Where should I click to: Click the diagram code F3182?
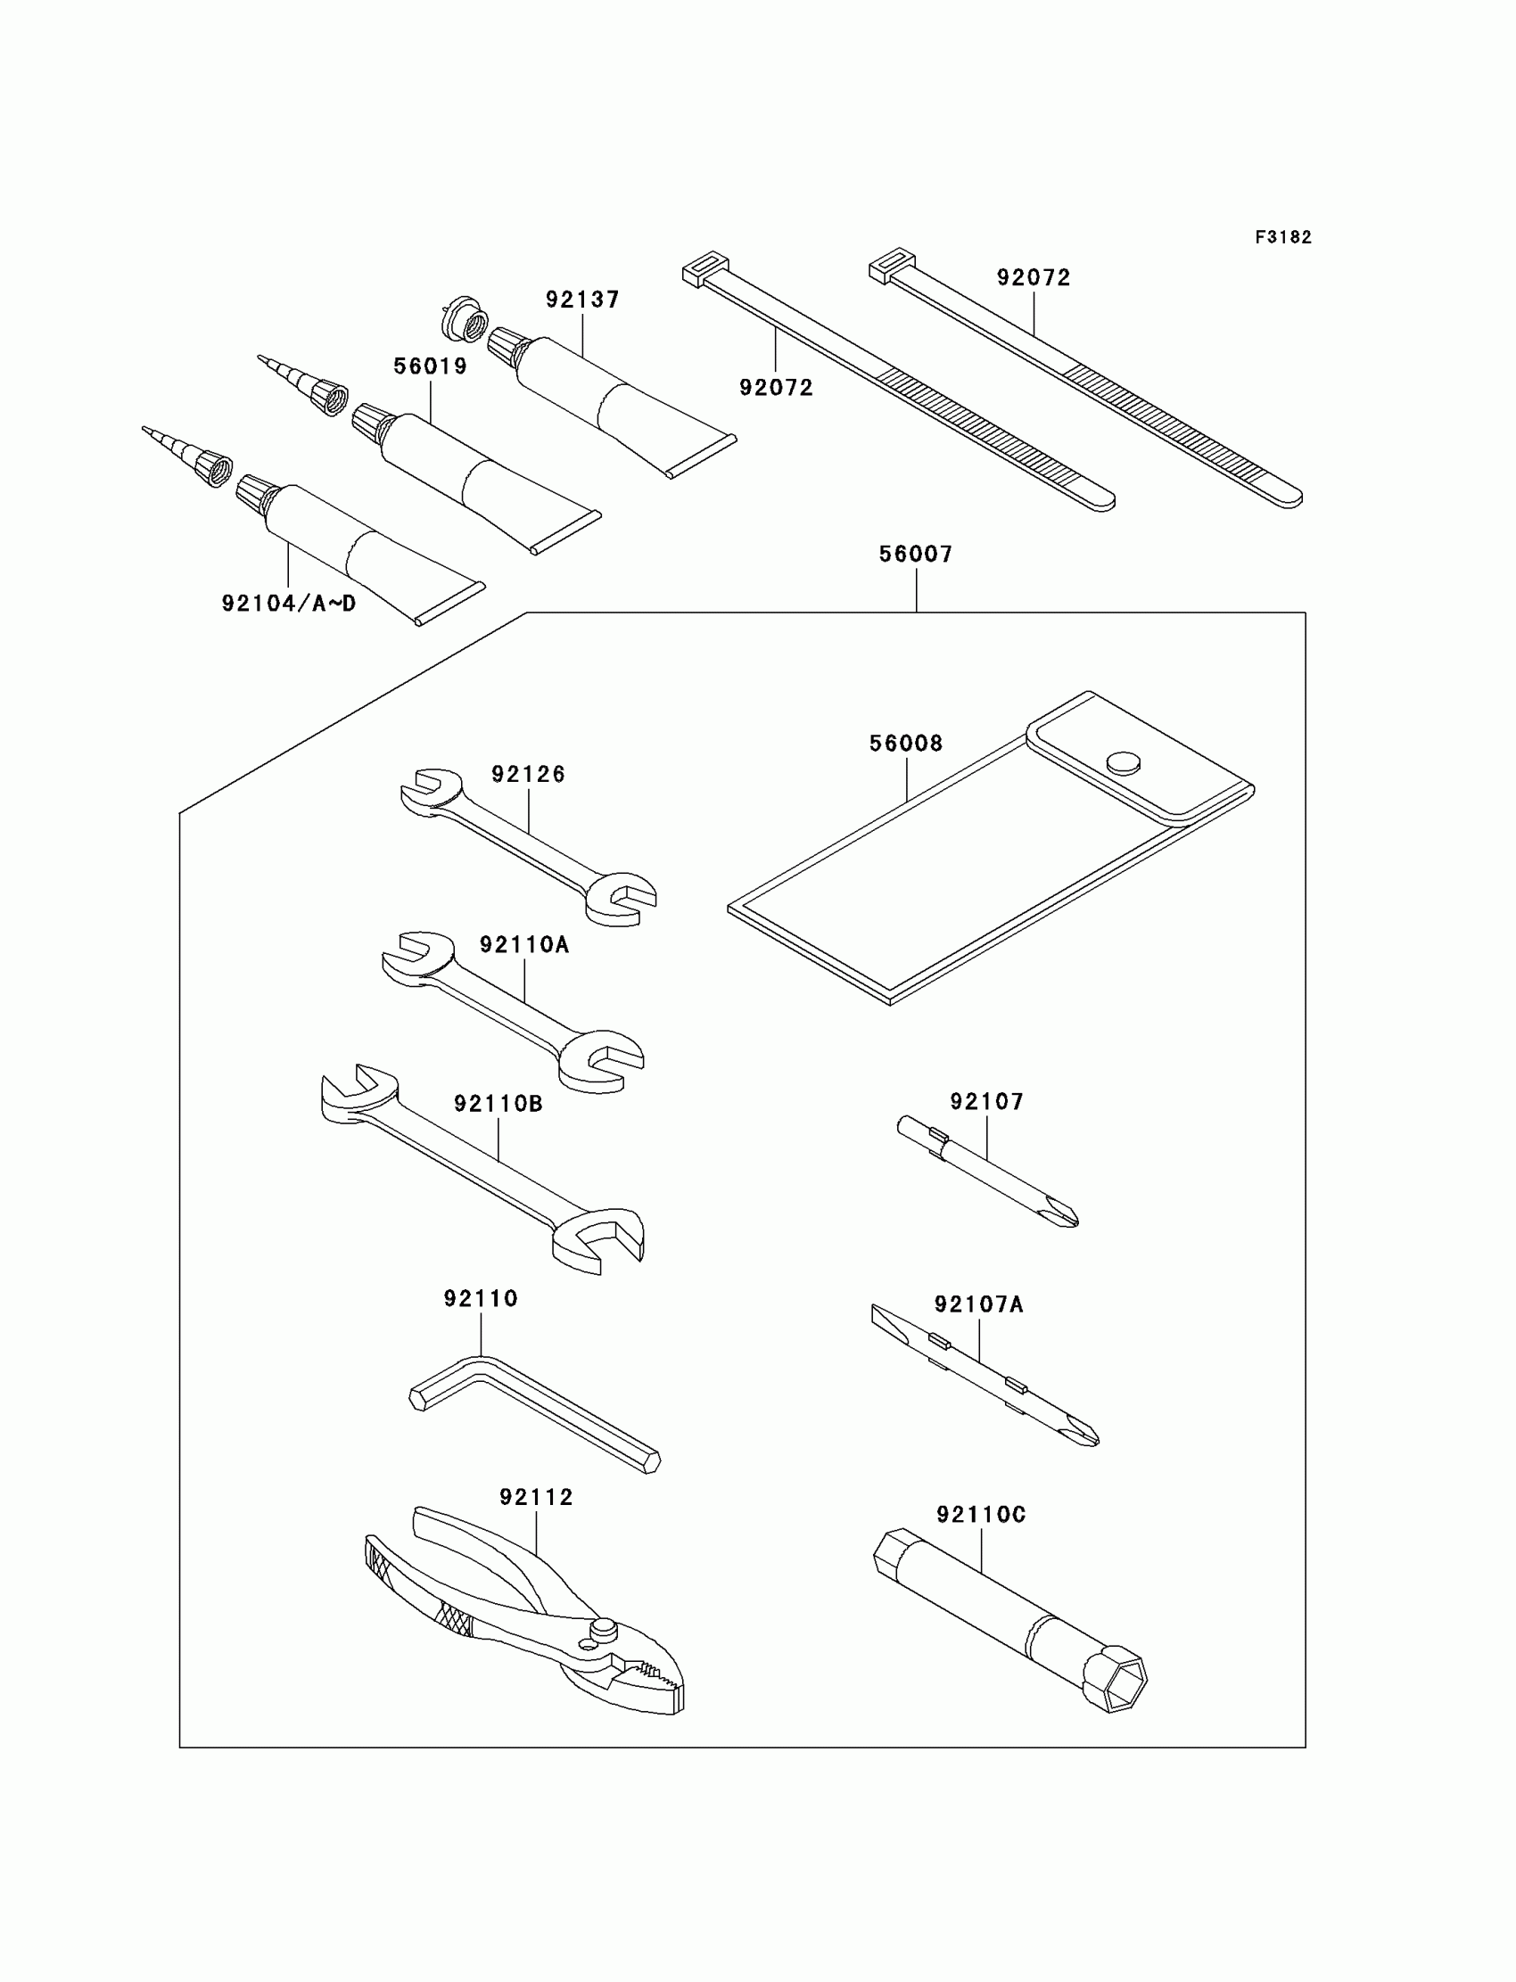[x=1282, y=237]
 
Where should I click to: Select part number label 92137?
[x=582, y=300]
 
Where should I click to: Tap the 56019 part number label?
[x=431, y=366]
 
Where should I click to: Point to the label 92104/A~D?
[x=289, y=604]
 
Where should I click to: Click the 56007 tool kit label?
[x=916, y=554]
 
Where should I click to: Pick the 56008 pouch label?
[x=906, y=744]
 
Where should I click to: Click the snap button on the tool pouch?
[x=1123, y=762]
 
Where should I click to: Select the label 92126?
[x=528, y=774]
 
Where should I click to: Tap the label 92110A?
[x=524, y=944]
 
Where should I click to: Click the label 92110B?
[x=498, y=1103]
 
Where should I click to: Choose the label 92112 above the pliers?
[x=536, y=1498]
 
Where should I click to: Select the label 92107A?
[x=979, y=1304]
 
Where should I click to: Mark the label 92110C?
[x=981, y=1515]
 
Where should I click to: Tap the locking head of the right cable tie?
[x=892, y=265]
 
